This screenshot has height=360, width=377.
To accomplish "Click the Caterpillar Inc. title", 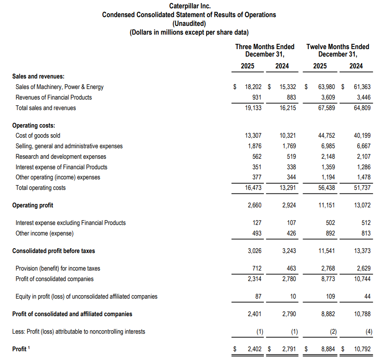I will click(x=189, y=6).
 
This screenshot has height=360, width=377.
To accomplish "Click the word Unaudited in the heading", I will click(x=189, y=24).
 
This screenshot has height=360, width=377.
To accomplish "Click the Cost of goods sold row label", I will click(x=38, y=135).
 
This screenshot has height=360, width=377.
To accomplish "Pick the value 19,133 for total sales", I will click(x=253, y=108).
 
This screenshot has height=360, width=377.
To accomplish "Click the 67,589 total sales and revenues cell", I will click(x=326, y=108).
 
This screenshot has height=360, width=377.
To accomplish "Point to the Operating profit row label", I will click(x=33, y=205).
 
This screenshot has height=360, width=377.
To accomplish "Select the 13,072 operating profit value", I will click(x=362, y=205).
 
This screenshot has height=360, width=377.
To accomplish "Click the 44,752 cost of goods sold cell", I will click(x=326, y=135).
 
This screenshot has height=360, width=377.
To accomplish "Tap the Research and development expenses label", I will click(x=61, y=157).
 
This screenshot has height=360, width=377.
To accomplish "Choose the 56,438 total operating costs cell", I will click(x=326, y=188).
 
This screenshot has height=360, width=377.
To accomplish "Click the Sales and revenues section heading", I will click(x=39, y=76).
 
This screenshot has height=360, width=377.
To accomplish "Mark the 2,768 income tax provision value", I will click(x=327, y=268).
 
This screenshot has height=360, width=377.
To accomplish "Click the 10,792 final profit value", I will click(x=362, y=349).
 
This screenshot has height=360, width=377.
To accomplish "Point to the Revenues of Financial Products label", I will click(x=54, y=97).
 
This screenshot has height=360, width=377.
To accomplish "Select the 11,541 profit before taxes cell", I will click(x=326, y=251).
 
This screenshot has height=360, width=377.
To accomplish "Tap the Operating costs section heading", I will click(x=34, y=125).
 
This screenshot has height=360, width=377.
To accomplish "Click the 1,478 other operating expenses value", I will click(x=363, y=177).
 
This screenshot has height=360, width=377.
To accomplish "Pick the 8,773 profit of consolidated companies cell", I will click(x=327, y=279).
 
